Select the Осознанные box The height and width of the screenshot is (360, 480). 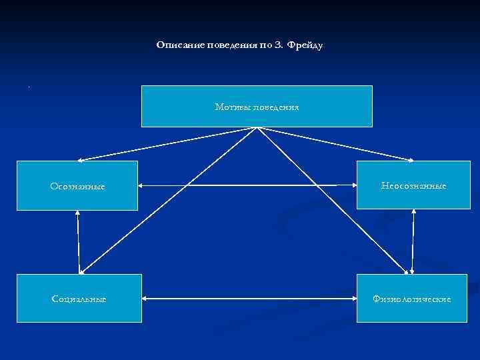77,186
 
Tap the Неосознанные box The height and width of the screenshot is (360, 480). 413,186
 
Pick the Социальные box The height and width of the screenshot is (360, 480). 79,299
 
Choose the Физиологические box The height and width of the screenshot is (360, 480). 412,299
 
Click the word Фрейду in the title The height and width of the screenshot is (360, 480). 307,45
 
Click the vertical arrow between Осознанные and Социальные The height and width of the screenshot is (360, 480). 79,242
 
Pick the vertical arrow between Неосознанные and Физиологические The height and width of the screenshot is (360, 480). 414,242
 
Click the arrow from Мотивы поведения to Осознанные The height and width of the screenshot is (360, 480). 167,144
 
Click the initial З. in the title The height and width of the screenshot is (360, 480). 279,45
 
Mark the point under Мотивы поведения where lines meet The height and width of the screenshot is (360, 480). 257,128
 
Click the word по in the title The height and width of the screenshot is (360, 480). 265,45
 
